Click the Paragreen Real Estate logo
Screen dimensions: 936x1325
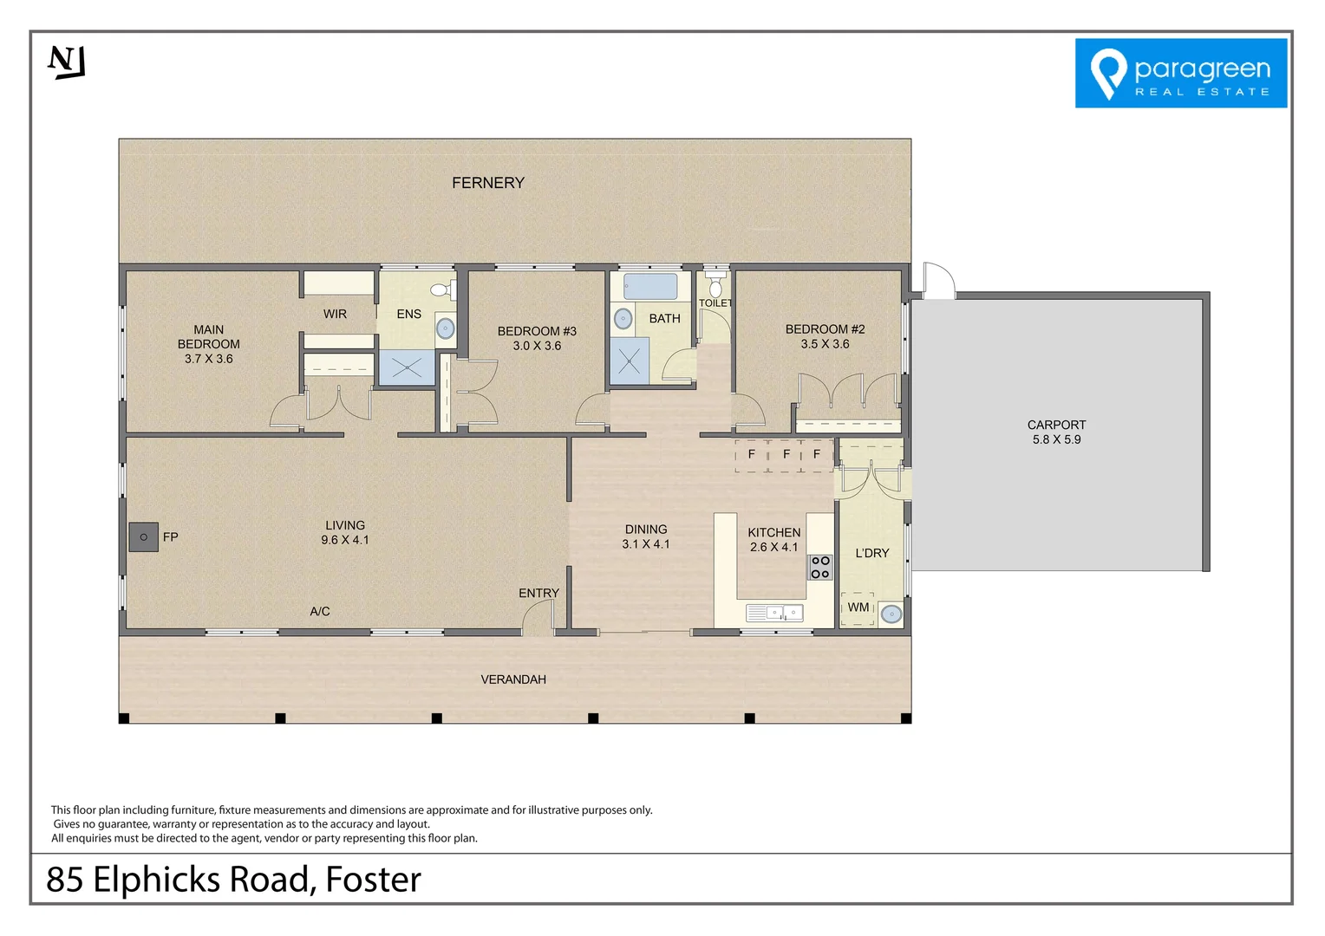(x=1180, y=73)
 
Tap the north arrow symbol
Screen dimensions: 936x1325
(x=67, y=62)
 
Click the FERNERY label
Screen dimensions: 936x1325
(x=487, y=183)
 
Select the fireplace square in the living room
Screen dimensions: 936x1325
(x=143, y=537)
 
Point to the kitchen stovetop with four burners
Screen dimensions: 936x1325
(x=819, y=568)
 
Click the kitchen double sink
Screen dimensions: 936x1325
(x=774, y=613)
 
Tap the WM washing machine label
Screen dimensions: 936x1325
(x=858, y=608)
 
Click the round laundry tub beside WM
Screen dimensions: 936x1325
(x=891, y=614)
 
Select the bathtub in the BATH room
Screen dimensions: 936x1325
(x=649, y=286)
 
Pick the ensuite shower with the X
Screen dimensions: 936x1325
(x=406, y=368)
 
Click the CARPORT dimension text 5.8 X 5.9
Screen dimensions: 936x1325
(x=1056, y=439)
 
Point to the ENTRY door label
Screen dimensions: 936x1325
(x=538, y=594)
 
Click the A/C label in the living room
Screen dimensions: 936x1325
(x=319, y=612)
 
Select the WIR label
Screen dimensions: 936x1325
(x=335, y=314)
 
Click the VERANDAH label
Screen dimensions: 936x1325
(x=513, y=679)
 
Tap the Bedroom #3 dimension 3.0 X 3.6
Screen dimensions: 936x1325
(x=537, y=346)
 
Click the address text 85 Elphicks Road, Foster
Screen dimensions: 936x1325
(x=233, y=879)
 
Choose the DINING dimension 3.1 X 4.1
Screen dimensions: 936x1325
(x=645, y=544)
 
